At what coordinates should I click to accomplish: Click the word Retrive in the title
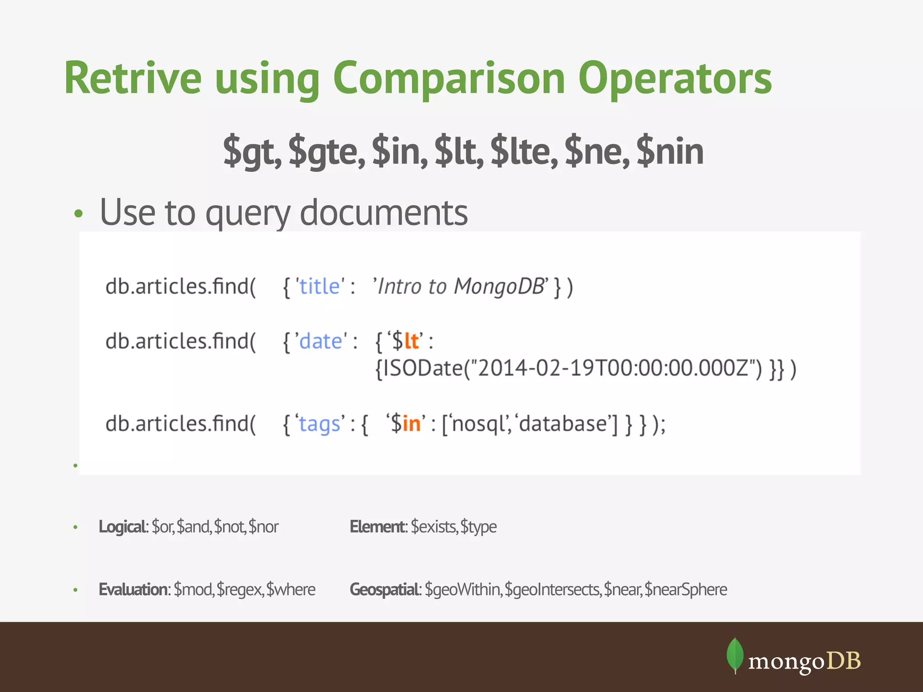pyautogui.click(x=133, y=78)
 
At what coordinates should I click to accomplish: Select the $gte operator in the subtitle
pyautogui.click(x=327, y=151)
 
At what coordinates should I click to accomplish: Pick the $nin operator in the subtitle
pyautogui.click(x=670, y=151)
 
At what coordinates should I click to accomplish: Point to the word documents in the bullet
pyautogui.click(x=384, y=213)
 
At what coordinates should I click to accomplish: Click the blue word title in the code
pyautogui.click(x=319, y=287)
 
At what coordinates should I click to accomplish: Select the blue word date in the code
pyautogui.click(x=321, y=341)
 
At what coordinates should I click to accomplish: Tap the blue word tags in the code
pyautogui.click(x=320, y=424)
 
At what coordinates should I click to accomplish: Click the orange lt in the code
pyautogui.click(x=411, y=341)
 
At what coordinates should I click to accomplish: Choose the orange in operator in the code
pyautogui.click(x=411, y=424)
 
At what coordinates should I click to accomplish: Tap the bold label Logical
pyautogui.click(x=122, y=527)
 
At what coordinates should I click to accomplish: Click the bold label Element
pyautogui.click(x=378, y=527)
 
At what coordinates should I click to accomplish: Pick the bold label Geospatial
pyautogui.click(x=385, y=589)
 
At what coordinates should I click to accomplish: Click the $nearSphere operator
pyautogui.click(x=685, y=589)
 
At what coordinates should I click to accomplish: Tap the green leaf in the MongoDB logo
pyautogui.click(x=735, y=654)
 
